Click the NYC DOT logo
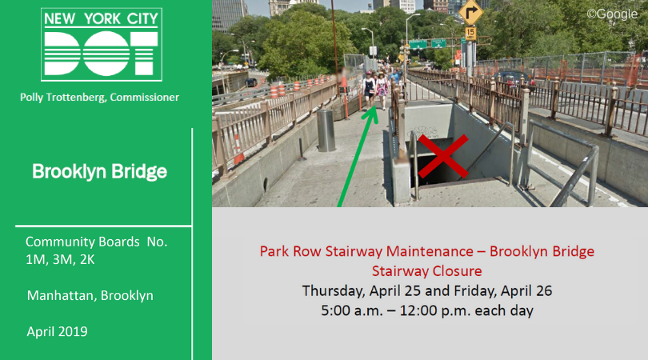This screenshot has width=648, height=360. pos(102,44)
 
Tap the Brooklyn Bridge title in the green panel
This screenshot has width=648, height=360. pos(99,171)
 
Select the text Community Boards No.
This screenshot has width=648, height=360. pos(96,242)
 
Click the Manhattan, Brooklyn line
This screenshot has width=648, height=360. pos(90,295)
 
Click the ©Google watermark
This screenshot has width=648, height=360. pos(613,13)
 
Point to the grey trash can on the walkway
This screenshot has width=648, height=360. pos(326,130)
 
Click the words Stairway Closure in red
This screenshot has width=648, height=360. pos(426,270)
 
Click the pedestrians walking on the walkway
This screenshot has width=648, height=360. pos(374,88)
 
